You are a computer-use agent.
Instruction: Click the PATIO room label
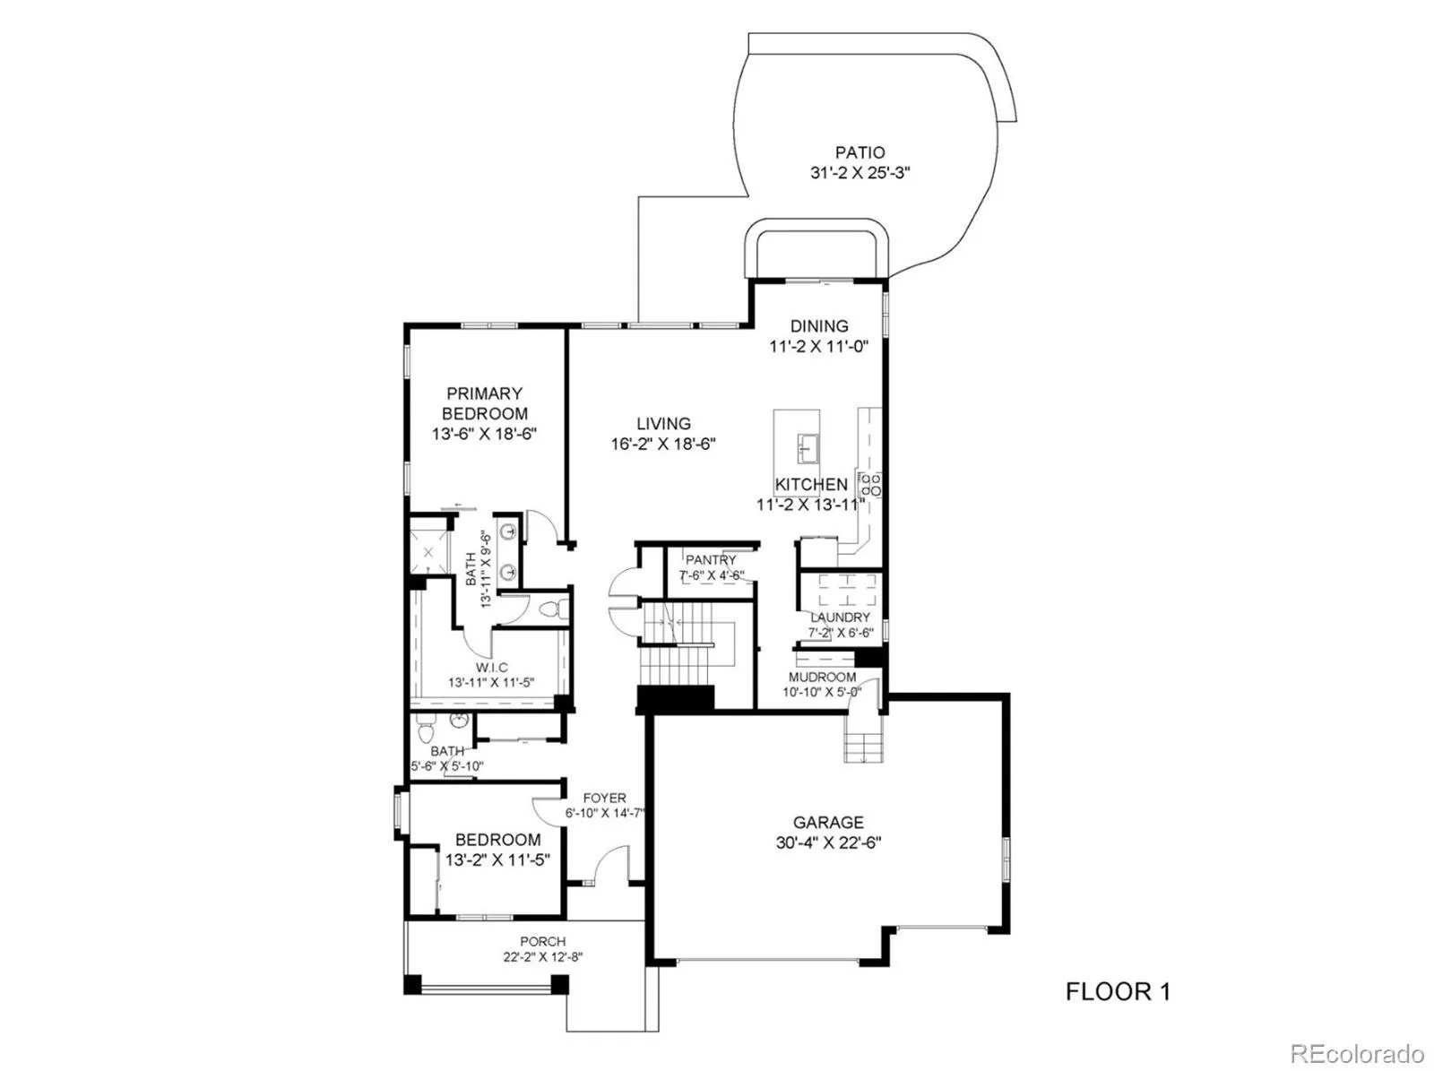coord(860,153)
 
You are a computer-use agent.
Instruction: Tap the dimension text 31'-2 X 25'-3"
coord(860,174)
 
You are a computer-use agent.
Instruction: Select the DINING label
coord(818,326)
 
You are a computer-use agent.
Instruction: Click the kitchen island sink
coord(808,445)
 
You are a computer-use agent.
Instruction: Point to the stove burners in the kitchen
coord(870,486)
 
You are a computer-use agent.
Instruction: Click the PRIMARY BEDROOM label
coord(484,403)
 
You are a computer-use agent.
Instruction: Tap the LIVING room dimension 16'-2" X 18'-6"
coord(663,444)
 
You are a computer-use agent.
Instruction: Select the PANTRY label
coord(711,560)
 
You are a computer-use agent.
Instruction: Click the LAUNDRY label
coord(840,618)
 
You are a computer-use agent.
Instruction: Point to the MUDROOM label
coord(822,677)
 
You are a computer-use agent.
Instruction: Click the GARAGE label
coord(828,822)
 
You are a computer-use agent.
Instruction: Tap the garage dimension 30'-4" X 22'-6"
coord(828,842)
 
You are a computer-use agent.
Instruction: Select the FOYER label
coord(604,798)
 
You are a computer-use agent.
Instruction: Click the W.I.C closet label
coord(491,667)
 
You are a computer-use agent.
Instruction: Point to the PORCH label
coord(542,941)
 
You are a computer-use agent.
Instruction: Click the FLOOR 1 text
coord(1117,991)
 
